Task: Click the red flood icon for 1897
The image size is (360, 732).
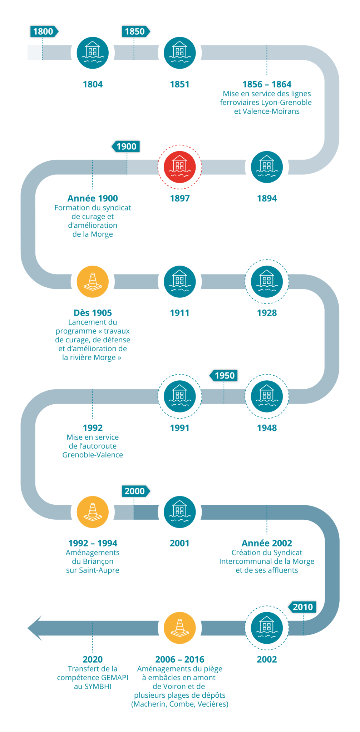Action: pos(180,167)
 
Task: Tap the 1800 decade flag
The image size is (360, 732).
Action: pos(43,31)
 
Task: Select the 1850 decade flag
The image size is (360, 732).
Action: pos(135,31)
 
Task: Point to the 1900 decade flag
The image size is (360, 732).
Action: pos(126,147)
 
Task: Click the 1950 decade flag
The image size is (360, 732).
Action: pos(224,376)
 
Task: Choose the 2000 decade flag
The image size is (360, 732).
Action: pos(135,491)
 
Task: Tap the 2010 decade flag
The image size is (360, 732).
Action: pos(302,607)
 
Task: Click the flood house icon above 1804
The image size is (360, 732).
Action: pos(93,53)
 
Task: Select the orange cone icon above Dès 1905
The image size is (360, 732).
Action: pos(93,282)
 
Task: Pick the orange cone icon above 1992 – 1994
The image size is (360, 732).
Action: pos(93,512)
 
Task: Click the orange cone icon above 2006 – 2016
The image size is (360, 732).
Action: pos(180,628)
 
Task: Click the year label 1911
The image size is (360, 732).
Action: pos(179,313)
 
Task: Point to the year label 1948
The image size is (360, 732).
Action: pos(267,428)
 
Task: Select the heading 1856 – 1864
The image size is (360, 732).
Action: pos(267,84)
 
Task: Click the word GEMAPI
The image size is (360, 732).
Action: pos(114,678)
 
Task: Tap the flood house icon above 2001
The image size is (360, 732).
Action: pos(180,512)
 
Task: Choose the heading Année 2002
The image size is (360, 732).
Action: pos(267,543)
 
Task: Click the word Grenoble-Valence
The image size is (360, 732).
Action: pos(93,455)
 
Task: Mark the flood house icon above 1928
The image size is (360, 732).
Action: pos(267,282)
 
